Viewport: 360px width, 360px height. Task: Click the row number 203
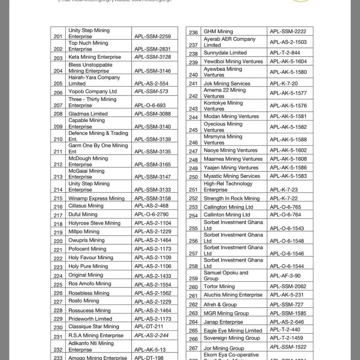tap(58, 58)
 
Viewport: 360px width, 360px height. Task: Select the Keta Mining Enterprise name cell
tap(95, 57)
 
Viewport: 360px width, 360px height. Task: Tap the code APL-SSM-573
tap(151, 91)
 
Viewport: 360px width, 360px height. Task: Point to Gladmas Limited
tap(88, 114)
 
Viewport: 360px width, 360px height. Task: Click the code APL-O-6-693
tap(150, 105)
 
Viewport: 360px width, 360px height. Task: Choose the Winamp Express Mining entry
tap(96, 198)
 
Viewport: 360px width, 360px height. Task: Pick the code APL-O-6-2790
tap(152, 214)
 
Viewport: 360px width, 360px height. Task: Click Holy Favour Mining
tap(91, 258)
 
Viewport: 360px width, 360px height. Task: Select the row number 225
tap(58, 284)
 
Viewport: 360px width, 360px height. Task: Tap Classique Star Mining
tap(94, 327)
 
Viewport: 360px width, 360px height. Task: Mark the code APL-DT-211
tap(149, 327)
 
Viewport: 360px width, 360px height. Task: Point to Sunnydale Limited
tap(225, 53)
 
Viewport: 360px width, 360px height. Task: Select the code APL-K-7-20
tap(284, 83)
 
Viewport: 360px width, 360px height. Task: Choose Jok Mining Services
tap(227, 83)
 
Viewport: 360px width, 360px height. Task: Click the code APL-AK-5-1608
tap(288, 159)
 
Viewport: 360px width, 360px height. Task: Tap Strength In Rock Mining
tap(232, 198)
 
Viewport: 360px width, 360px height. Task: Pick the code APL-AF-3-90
tap(285, 276)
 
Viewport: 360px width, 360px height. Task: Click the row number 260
tap(193, 287)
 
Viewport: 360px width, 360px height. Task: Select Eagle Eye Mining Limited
tap(233, 331)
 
